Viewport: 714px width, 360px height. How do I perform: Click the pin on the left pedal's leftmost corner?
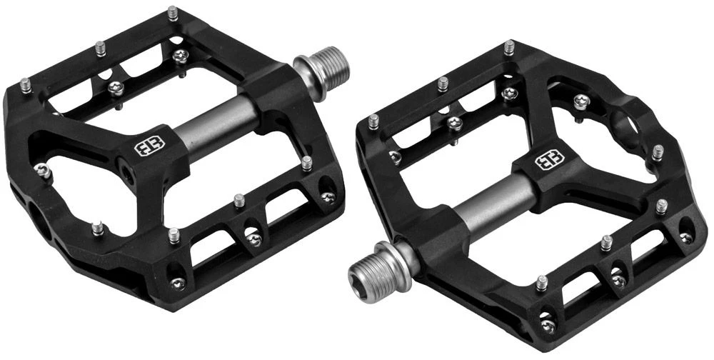[26, 85]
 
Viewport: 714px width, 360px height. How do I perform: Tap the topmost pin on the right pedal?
[508, 49]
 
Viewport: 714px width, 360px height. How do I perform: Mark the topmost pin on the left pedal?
[173, 13]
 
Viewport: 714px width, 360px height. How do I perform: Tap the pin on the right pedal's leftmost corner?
[373, 121]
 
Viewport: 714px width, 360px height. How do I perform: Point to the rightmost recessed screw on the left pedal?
[329, 197]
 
